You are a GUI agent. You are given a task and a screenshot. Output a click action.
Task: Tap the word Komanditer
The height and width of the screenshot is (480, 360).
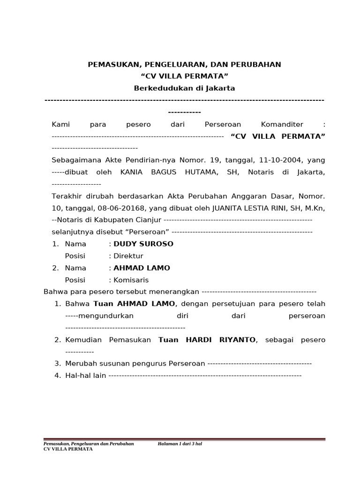[282, 125]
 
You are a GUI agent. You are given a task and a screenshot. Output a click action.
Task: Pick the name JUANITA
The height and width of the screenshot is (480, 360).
[228, 208]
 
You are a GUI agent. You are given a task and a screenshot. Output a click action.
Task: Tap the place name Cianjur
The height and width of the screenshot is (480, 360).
[148, 220]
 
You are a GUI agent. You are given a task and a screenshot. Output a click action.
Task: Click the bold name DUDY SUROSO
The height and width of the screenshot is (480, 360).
[143, 244]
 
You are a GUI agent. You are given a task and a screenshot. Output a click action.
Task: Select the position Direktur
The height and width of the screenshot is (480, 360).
[128, 256]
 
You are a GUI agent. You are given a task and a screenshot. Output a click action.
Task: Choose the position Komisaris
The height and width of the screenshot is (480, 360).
[131, 280]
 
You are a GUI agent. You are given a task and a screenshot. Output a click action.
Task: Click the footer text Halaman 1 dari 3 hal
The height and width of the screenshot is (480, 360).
[180, 443]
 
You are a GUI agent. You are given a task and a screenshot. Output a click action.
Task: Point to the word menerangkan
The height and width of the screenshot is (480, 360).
[175, 292]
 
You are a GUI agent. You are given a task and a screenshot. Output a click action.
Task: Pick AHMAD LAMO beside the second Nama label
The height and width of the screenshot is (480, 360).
[142, 268]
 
